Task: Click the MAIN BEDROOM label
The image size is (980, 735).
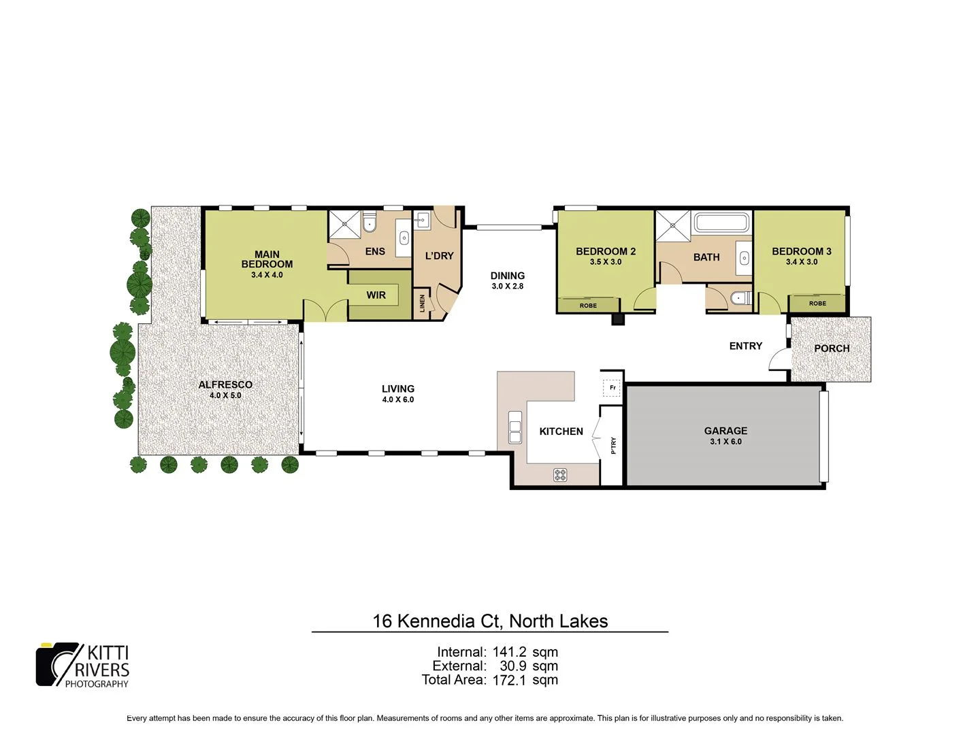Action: pyautogui.click(x=267, y=259)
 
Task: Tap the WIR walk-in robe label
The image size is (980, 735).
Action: pyautogui.click(x=376, y=295)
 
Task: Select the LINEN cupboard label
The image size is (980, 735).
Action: pyautogui.click(x=423, y=303)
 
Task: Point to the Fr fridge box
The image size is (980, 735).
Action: pyautogui.click(x=612, y=388)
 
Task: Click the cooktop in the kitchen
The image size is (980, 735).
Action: pyautogui.click(x=560, y=475)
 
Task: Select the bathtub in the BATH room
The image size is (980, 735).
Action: pyautogui.click(x=721, y=223)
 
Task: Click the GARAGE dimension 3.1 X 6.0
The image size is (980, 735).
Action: pyautogui.click(x=725, y=442)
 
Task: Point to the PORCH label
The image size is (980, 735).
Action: pyautogui.click(x=832, y=348)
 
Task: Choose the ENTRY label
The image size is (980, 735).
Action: pyautogui.click(x=745, y=346)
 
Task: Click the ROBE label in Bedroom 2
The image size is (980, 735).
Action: pyautogui.click(x=588, y=306)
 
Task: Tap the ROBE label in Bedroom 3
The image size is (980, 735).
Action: pyautogui.click(x=817, y=304)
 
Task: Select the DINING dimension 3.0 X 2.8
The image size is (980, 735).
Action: pyautogui.click(x=508, y=287)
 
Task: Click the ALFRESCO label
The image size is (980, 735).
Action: pyautogui.click(x=225, y=385)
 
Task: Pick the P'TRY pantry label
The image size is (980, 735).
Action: pyautogui.click(x=613, y=446)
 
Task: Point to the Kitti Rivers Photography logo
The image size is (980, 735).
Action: pyautogui.click(x=82, y=665)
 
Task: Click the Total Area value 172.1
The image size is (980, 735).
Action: pyautogui.click(x=509, y=680)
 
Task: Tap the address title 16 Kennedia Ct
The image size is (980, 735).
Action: pyautogui.click(x=490, y=621)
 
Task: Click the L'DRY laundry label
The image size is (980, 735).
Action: pyautogui.click(x=439, y=256)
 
